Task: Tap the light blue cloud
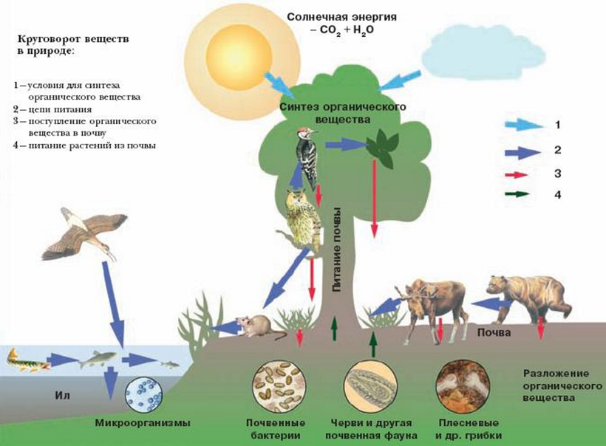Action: click(x=483, y=54)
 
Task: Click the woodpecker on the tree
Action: click(x=307, y=158)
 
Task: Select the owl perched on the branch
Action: click(x=301, y=220)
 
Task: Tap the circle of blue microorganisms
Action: click(x=144, y=394)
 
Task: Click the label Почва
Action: click(x=494, y=332)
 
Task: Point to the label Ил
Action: click(x=62, y=395)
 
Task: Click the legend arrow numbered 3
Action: click(x=516, y=175)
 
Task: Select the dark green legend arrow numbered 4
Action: click(x=517, y=194)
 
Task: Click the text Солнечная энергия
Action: click(x=341, y=17)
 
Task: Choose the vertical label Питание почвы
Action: click(x=336, y=250)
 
